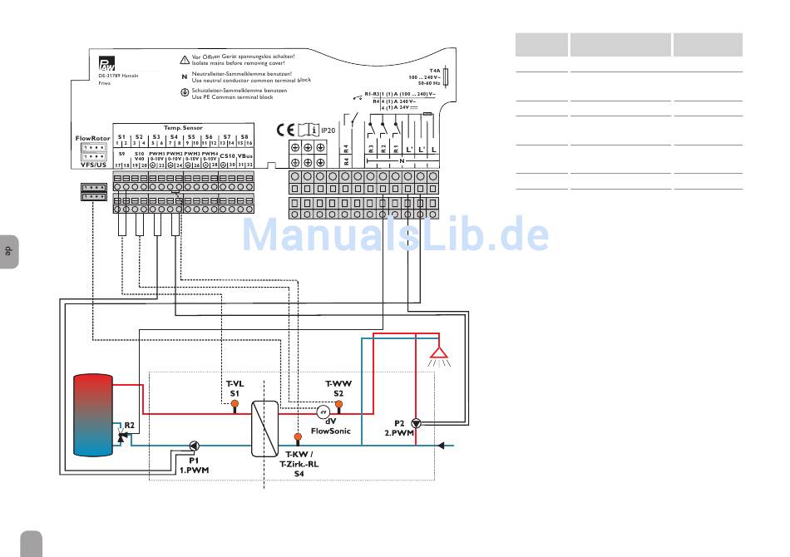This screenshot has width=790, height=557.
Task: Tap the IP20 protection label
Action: pyautogui.click(x=328, y=131)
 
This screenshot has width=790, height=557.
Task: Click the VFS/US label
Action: pyautogui.click(x=92, y=165)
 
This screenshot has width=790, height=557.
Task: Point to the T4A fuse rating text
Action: pyautogui.click(x=434, y=72)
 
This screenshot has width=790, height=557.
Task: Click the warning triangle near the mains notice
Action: pyautogui.click(x=185, y=60)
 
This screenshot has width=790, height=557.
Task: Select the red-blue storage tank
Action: pyautogui.click(x=93, y=412)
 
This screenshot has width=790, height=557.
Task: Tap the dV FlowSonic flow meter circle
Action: pyautogui.click(x=325, y=412)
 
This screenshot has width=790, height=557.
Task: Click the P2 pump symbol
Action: pyautogui.click(x=416, y=422)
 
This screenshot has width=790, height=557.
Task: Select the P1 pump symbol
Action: pyautogui.click(x=193, y=445)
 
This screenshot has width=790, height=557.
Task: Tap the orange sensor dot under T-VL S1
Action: pyautogui.click(x=235, y=405)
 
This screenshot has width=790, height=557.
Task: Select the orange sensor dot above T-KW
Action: pyautogui.click(x=297, y=436)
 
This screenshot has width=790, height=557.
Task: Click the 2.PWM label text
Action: pyautogui.click(x=399, y=432)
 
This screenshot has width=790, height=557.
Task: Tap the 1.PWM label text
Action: pyautogui.click(x=195, y=470)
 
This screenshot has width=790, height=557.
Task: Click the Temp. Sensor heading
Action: pyautogui.click(x=183, y=128)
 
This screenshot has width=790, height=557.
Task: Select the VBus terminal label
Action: pyautogui.click(x=245, y=155)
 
